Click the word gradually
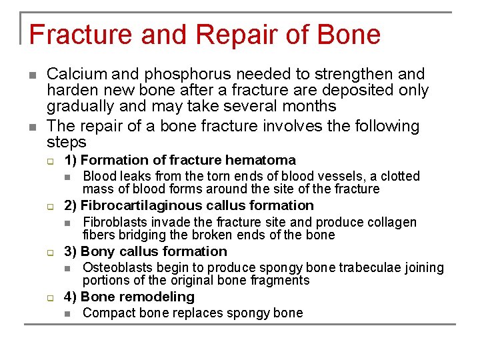click(79, 106)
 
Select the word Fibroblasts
click(115, 222)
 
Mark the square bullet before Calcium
click(33, 75)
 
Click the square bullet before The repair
click(33, 127)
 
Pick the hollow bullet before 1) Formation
click(49, 161)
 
